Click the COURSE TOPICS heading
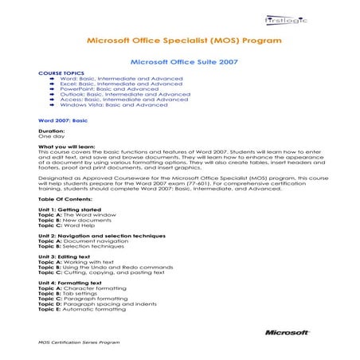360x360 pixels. pyautogui.click(x=56, y=72)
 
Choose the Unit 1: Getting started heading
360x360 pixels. pyautogui.click(x=68, y=208)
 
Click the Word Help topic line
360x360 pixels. pyautogui.click(x=66, y=225)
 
